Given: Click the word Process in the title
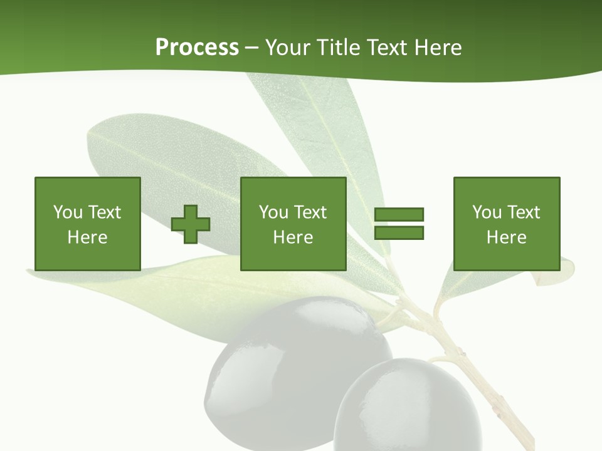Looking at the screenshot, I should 197,47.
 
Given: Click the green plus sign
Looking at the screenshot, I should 191,224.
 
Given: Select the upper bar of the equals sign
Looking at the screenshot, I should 399,215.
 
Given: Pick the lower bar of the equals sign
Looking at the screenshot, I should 399,232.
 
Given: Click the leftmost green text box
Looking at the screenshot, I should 87,224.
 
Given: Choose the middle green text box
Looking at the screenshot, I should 293,224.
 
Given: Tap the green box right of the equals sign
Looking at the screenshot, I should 506,224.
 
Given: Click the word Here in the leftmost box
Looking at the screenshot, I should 87,237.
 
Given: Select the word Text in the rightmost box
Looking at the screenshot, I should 523,212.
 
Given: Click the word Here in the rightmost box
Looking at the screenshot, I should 506,237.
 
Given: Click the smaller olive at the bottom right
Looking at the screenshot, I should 408,407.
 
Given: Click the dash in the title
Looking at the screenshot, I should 251,47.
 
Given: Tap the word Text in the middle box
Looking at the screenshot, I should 310,212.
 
